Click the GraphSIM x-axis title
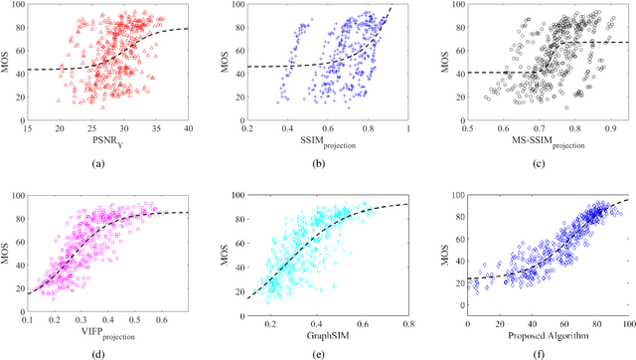(x=324, y=320)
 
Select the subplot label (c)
(x=537, y=161)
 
